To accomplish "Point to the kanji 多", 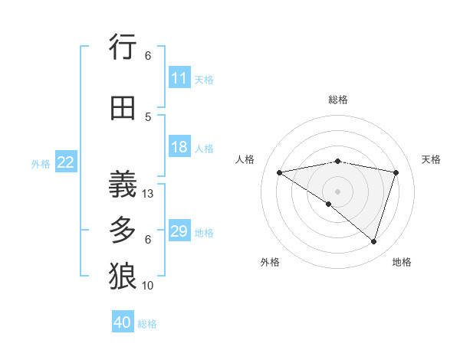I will point(123,230).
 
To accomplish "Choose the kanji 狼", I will point(123,277).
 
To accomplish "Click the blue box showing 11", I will point(179,78).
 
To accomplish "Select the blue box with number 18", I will point(179,148).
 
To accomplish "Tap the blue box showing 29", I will point(179,232).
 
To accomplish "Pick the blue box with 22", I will point(66,162).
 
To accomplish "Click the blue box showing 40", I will point(123,322).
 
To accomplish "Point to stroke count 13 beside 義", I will point(149,194).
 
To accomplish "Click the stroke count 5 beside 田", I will point(148,117).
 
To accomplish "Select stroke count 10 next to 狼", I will point(149,286).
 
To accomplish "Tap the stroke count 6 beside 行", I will point(148,56).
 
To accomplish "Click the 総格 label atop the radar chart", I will point(337,100).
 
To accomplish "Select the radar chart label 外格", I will point(270,262).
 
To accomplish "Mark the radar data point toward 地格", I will point(373,242).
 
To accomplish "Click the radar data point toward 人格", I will point(279,172).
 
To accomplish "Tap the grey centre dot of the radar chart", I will point(337,191).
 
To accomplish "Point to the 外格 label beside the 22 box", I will point(41,163).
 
